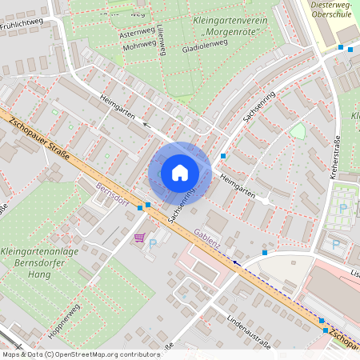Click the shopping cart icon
139,238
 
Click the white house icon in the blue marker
179,172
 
